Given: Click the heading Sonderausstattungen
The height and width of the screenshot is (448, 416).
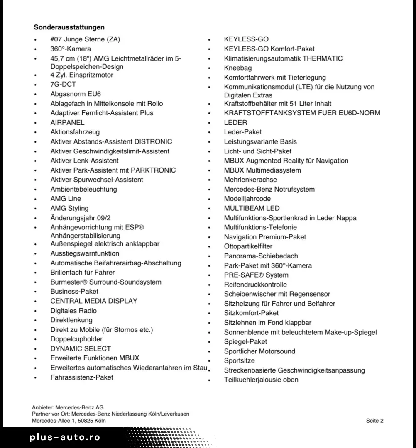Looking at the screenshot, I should pos(69,27).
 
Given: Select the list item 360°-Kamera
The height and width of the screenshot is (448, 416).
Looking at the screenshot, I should pos(71,49).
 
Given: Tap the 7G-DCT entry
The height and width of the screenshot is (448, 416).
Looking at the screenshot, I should pos(63,84).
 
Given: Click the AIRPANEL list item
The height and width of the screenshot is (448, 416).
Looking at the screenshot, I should pos(67,122).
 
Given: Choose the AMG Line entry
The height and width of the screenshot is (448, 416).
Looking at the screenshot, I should pos(66,199).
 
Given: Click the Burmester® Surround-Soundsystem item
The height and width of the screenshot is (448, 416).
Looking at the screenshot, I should pos(106,282).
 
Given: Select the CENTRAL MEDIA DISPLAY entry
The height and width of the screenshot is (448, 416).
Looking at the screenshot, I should pos(94,301).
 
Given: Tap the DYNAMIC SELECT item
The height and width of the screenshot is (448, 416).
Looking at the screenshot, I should pos(81,349).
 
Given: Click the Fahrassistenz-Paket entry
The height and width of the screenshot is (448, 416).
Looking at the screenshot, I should pos(82,377).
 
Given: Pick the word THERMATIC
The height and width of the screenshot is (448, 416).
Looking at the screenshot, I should pos(323,58).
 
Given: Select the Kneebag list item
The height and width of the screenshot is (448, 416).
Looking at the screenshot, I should pos(238,68).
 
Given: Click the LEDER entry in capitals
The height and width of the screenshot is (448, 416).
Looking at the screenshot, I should pos(235,122).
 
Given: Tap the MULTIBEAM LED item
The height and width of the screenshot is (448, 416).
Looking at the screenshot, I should pos(252,208).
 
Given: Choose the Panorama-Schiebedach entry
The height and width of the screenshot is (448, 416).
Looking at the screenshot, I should pos(261,256).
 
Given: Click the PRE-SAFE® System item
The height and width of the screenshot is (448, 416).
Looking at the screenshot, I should pos(256,275).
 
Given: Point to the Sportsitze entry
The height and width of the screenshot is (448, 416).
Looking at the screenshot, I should pos(240,361).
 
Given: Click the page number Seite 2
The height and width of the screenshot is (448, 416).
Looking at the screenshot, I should pos(374,421).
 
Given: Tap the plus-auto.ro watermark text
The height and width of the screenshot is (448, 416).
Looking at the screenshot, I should pos(65,438).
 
